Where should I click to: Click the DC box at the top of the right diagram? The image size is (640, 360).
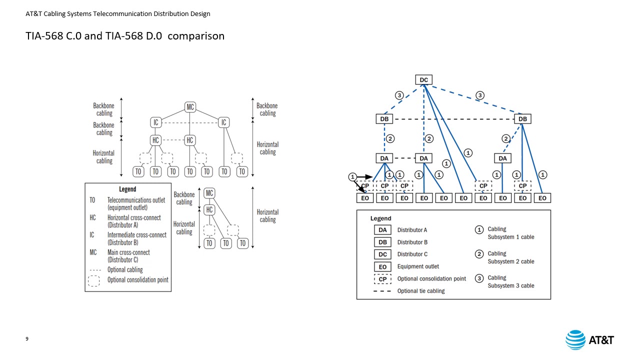(423, 80)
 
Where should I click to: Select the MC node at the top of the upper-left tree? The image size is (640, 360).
(190, 107)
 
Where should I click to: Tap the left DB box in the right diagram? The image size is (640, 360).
(384, 119)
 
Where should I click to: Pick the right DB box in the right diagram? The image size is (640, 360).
(522, 119)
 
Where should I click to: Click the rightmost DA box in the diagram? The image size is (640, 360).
(502, 158)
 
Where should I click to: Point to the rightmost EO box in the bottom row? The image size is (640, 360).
(542, 198)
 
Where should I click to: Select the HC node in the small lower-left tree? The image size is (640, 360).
(209, 209)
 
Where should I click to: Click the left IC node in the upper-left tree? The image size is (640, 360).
(156, 122)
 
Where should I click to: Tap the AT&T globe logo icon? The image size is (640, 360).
(575, 340)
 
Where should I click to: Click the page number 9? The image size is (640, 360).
(27, 339)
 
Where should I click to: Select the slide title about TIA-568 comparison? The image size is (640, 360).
(125, 36)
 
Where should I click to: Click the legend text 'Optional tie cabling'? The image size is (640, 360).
(420, 291)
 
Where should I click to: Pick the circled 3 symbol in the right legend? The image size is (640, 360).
(479, 278)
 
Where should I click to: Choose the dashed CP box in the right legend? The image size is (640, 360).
(382, 279)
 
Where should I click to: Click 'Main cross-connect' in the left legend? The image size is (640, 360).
(128, 252)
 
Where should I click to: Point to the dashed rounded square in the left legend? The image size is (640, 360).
(93, 280)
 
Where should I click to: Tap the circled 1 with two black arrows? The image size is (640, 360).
(352, 177)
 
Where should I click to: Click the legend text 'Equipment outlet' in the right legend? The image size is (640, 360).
(418, 266)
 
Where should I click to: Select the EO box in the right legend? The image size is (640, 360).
(382, 267)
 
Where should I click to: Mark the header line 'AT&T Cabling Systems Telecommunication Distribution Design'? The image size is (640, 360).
(118, 14)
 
